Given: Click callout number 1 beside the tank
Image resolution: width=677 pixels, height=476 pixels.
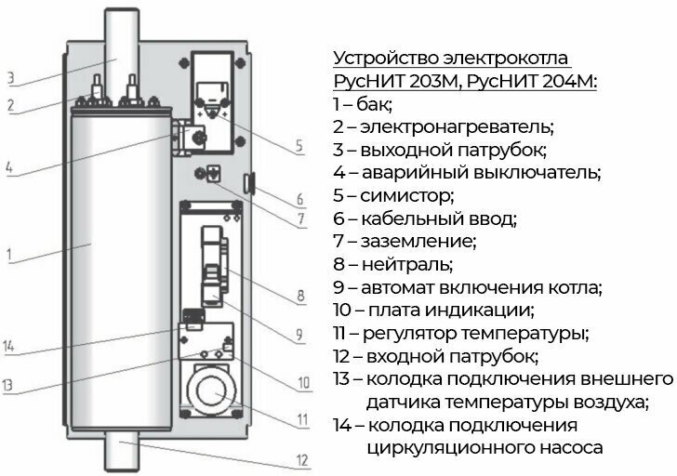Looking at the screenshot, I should pos(10,252).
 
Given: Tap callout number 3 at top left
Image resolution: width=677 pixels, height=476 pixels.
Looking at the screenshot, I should pos(10,76).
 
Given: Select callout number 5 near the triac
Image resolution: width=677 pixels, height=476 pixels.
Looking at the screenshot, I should pos(299,145).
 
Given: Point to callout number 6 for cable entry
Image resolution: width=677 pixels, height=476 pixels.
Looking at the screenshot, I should pos(300,199).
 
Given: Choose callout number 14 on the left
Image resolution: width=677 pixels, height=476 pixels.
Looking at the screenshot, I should pos(10,348).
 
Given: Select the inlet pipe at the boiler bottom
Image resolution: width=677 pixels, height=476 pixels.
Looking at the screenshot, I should pos(122,452).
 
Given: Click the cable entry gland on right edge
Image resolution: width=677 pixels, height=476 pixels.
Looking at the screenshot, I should pos(249,182).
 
